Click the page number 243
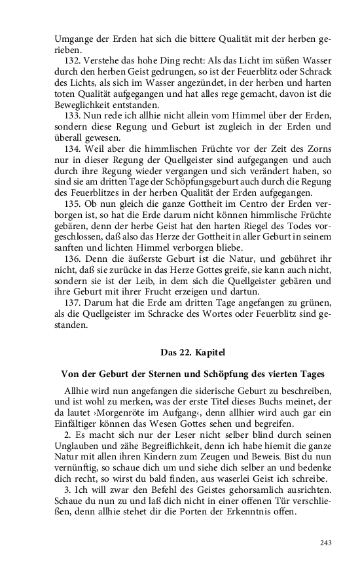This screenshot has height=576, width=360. pos(327,543)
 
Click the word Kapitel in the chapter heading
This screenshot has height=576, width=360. pos(209,351)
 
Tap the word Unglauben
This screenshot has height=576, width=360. pos(78,445)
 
